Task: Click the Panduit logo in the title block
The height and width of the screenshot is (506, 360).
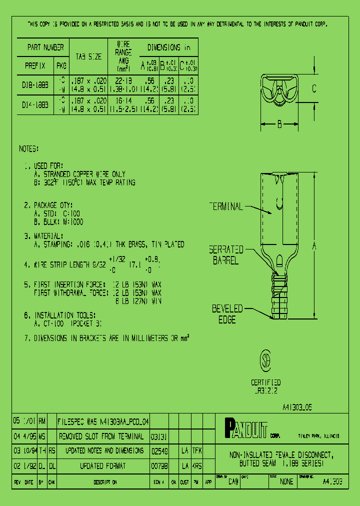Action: (x=246, y=429)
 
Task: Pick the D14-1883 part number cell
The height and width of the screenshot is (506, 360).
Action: (x=35, y=104)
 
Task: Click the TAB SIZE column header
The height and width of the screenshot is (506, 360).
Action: (x=88, y=57)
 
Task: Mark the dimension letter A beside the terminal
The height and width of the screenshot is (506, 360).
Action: (x=313, y=245)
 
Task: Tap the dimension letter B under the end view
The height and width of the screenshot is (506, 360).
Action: (x=280, y=124)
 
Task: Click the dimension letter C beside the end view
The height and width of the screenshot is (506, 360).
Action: (x=313, y=88)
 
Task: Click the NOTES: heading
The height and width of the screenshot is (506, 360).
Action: (x=28, y=149)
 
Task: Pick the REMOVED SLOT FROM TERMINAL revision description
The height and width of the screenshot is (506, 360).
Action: (x=101, y=436)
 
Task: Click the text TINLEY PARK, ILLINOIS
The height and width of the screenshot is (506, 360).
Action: (x=318, y=436)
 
